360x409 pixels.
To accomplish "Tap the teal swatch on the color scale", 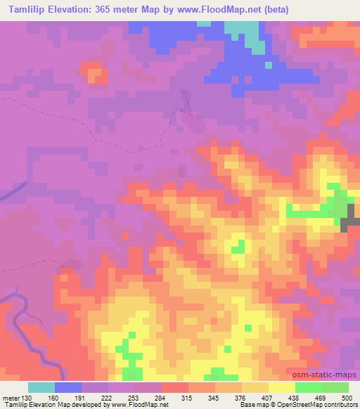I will pos(42,387).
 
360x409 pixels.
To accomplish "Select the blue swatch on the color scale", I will pos(69,387).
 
